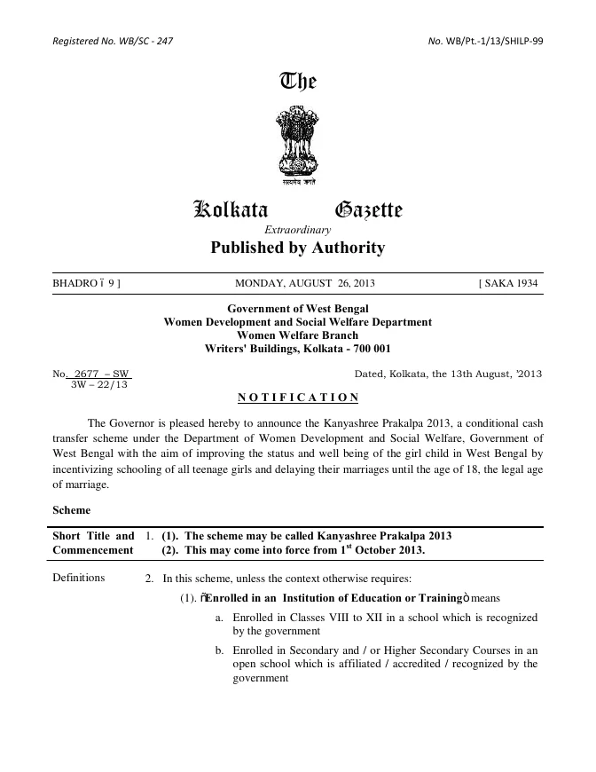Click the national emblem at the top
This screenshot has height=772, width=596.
point(298,143)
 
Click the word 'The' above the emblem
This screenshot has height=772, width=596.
point(298,83)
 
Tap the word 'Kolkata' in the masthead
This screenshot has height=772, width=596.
point(231,210)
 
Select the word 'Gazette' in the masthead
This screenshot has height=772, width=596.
point(368,210)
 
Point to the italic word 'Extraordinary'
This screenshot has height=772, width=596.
point(298,230)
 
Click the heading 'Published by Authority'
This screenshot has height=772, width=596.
point(298,248)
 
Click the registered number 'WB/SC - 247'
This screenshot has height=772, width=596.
point(145,42)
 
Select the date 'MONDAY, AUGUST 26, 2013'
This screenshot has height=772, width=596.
point(305,284)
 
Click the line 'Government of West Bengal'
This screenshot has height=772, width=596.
point(298,309)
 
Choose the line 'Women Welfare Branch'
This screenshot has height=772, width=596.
point(298,335)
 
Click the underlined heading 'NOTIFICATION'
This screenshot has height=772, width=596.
point(298,397)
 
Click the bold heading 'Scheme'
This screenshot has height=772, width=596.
point(71,511)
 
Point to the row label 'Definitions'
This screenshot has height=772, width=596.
point(79,578)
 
